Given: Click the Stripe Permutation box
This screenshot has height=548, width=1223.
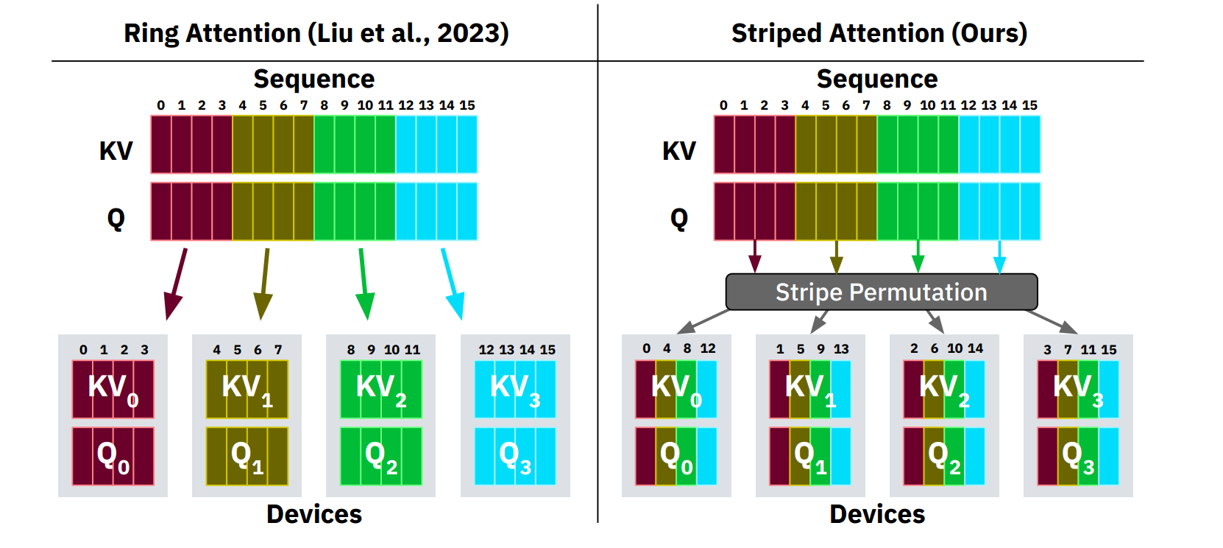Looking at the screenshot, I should [x=881, y=292].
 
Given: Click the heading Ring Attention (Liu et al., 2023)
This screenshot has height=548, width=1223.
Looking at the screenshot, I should [x=316, y=33].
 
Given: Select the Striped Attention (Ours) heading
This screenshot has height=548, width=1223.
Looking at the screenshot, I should [x=879, y=33].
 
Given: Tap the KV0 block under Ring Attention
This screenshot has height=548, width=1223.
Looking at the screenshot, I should [x=113, y=389].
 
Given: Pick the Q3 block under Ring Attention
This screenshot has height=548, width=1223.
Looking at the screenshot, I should [x=515, y=457].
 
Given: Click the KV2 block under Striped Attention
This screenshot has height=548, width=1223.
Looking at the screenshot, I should [x=944, y=389].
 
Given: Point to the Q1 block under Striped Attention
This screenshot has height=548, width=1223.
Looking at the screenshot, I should [x=810, y=457].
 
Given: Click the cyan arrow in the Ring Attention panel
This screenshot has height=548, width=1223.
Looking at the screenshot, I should [x=452, y=284].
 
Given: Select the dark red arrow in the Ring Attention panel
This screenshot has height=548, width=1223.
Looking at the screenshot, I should [x=177, y=284].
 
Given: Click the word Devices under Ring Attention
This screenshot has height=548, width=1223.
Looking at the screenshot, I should [x=314, y=514].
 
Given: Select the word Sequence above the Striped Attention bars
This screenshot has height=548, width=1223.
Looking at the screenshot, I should [x=877, y=79].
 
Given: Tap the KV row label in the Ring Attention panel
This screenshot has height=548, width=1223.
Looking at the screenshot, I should [x=116, y=151].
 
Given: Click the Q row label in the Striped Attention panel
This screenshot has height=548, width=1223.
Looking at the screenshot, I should [x=678, y=218].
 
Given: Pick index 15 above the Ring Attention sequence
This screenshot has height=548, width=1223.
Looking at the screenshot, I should [x=467, y=105].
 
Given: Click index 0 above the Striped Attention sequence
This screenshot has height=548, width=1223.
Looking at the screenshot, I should [x=723, y=105].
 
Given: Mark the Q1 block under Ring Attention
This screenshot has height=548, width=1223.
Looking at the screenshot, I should [x=247, y=457].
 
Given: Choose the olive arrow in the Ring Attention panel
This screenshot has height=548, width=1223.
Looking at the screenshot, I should [x=264, y=284].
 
